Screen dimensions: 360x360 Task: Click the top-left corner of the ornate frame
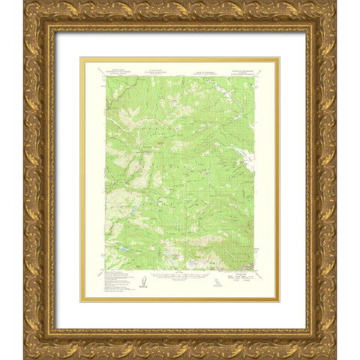[x=25, y=3]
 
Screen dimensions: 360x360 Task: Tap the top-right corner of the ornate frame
[x=335, y=3]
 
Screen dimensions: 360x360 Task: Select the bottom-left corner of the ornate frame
[x=25, y=357]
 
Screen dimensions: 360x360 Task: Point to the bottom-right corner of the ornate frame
[x=335, y=357]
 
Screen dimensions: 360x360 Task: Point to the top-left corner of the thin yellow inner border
[x=81, y=58]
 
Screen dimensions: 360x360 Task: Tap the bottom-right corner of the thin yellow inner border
[x=279, y=301]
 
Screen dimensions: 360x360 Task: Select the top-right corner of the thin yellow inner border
[x=279, y=58]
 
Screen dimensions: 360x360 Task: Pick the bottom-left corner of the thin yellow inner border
[x=81, y=301]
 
